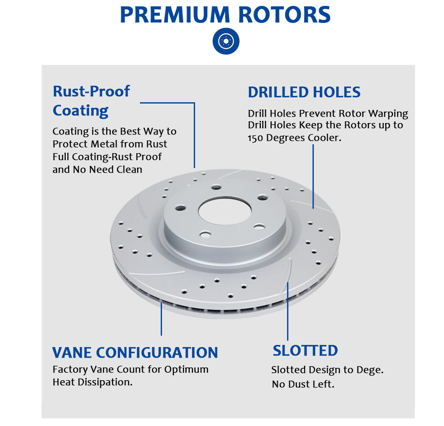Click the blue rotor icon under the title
[x=226, y=41]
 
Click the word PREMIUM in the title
[x=176, y=15]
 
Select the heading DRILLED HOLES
[x=304, y=92]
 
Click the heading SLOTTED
[x=305, y=350]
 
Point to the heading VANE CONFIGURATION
[x=135, y=352]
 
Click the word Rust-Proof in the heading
[x=91, y=91]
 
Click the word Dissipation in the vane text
[x=106, y=382]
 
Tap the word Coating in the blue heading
[x=81, y=111]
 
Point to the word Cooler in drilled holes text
[x=324, y=138]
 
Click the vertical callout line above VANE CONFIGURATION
[x=161, y=318]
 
